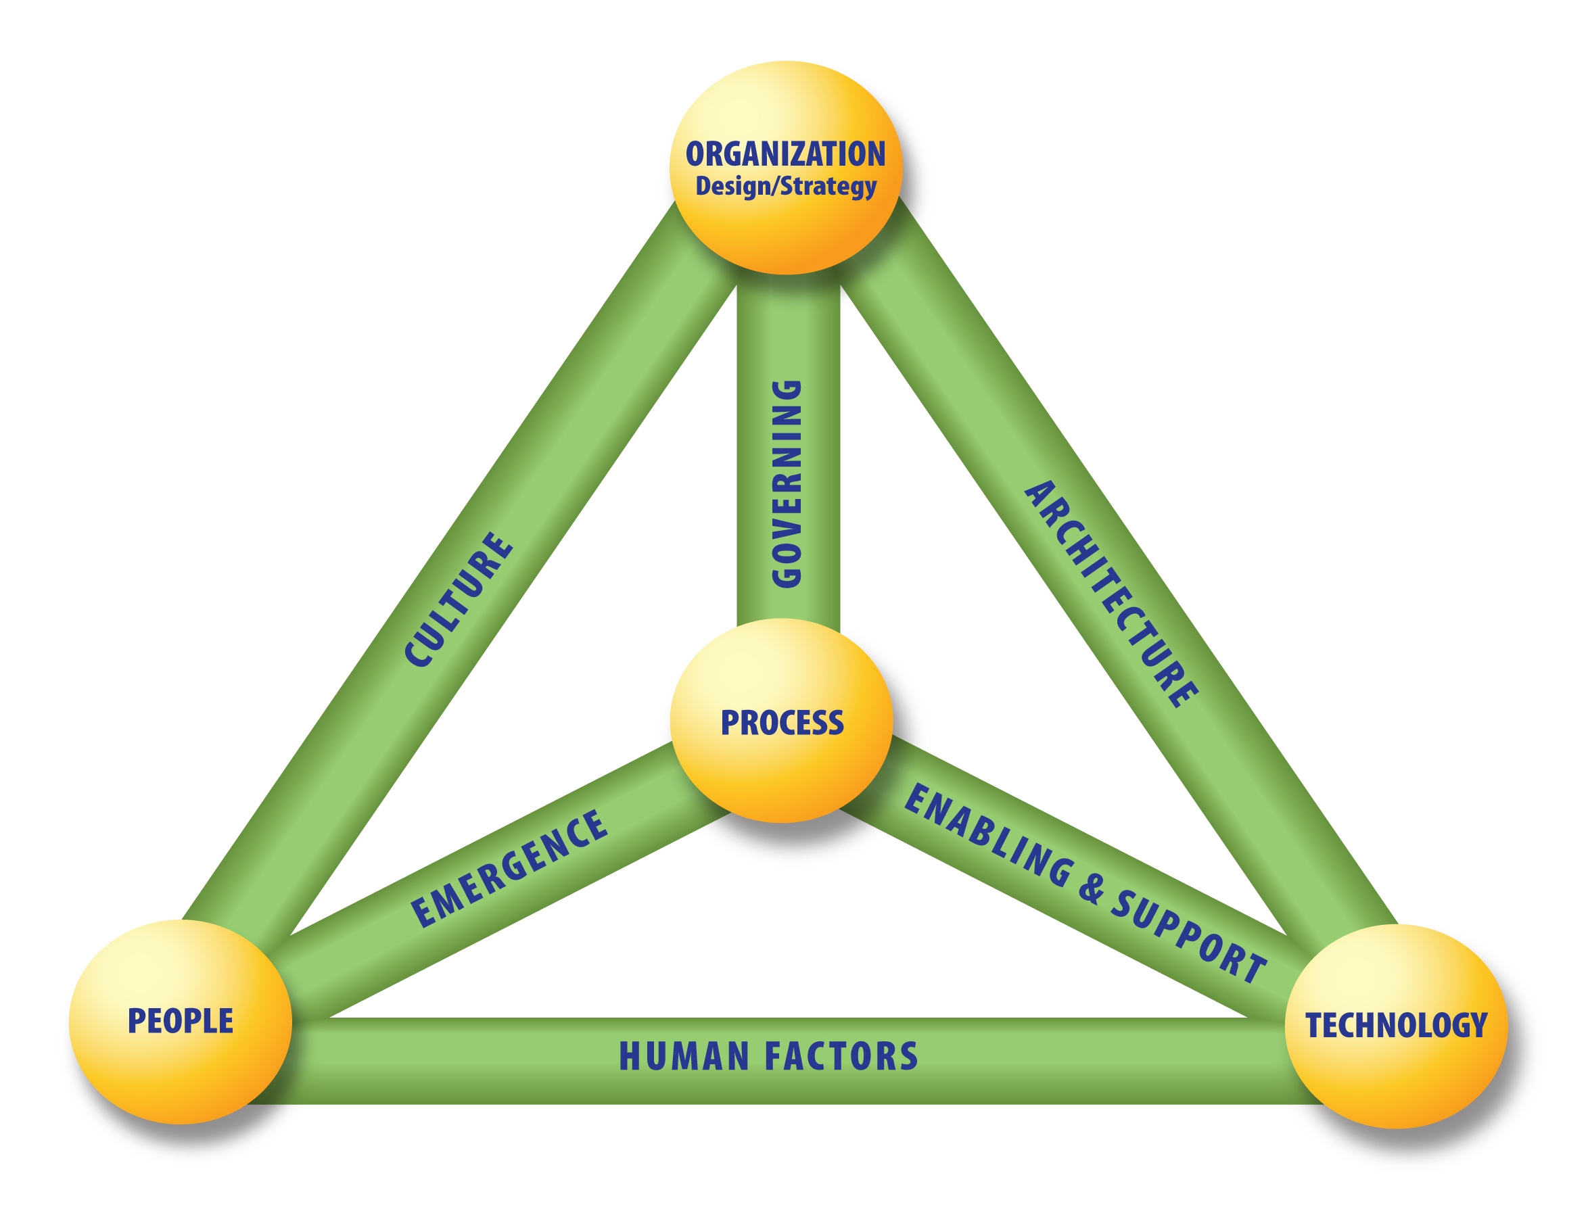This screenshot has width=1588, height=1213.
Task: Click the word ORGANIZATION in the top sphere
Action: (786, 153)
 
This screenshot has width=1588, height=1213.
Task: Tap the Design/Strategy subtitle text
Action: (786, 187)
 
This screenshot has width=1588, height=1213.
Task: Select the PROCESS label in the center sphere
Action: (782, 723)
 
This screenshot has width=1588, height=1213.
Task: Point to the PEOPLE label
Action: (181, 1021)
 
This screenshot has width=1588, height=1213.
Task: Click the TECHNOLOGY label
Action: (1397, 1025)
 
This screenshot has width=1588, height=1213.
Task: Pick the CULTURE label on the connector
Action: (459, 599)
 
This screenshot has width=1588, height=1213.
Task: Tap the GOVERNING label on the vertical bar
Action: (787, 483)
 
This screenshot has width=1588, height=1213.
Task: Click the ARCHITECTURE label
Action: (1111, 594)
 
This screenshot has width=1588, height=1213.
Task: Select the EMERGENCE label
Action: (509, 869)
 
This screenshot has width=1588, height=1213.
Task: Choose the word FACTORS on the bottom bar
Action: (841, 1056)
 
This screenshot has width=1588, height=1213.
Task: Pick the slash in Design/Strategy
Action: (776, 187)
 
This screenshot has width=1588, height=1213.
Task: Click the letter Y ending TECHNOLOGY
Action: (1479, 1025)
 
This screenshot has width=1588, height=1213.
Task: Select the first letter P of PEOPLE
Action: (135, 1021)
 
